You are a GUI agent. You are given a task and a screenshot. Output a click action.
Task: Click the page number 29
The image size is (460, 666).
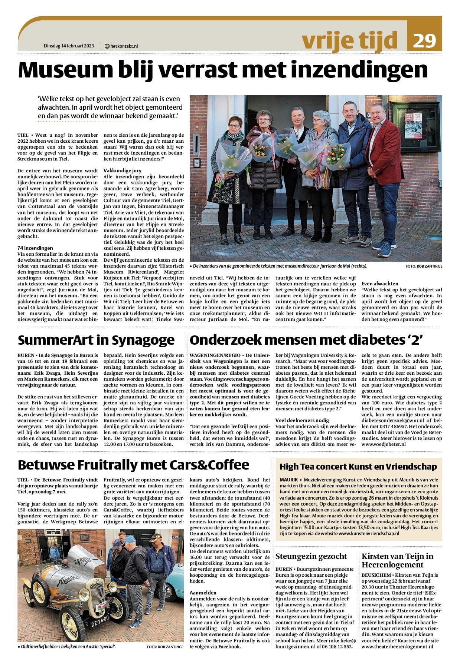424,40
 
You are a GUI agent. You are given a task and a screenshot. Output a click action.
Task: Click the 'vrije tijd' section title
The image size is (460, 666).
350,40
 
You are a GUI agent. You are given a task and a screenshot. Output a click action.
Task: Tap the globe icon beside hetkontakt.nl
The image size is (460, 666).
107,46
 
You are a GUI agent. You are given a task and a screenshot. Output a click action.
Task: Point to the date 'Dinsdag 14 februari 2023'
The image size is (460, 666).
69,46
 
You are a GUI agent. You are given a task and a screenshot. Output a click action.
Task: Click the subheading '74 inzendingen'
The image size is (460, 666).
35,248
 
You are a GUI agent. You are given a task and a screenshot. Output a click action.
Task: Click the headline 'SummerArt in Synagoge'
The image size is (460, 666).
96,340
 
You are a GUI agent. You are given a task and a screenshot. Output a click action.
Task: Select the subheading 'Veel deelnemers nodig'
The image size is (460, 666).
302,420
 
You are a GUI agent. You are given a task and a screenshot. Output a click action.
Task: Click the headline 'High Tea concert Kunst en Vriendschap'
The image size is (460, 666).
358,467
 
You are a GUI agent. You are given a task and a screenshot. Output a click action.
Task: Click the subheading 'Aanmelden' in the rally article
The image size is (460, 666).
203,593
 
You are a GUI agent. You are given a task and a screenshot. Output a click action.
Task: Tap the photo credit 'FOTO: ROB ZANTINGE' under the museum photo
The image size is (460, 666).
424,266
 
